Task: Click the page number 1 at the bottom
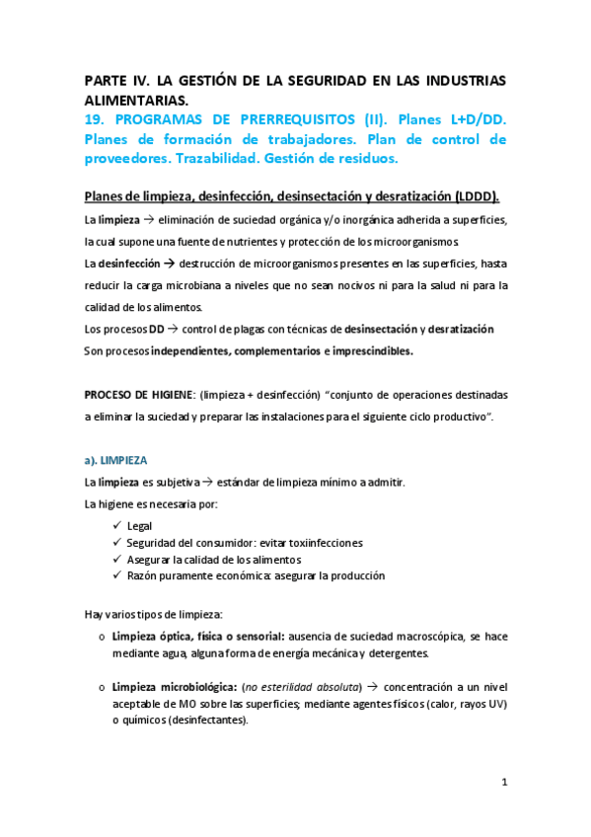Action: coord(503,783)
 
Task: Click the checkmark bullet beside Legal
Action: coord(117,526)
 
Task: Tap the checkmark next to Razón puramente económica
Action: coord(117,575)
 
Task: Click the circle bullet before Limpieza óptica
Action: coord(103,637)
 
